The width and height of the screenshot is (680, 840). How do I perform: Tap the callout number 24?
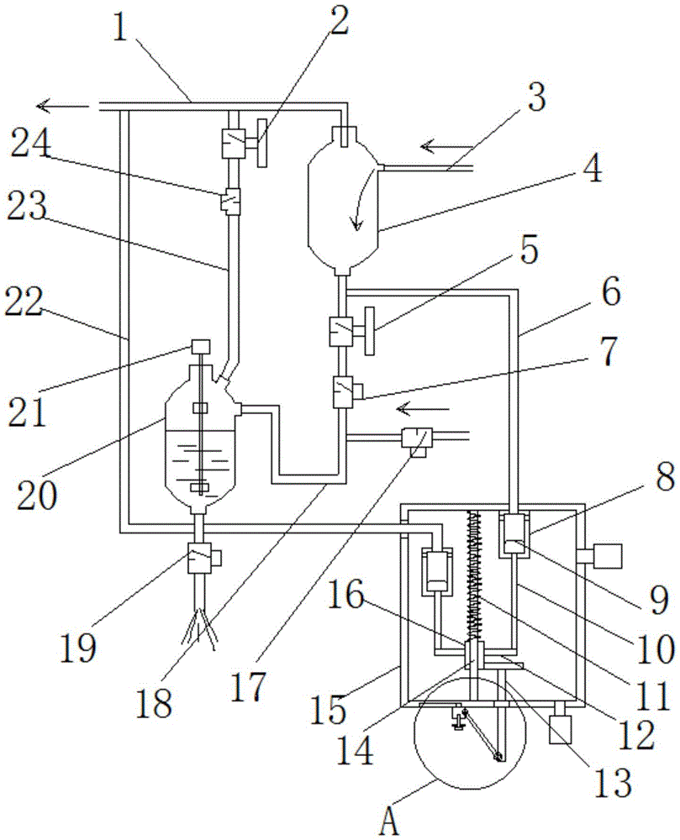click(x=31, y=143)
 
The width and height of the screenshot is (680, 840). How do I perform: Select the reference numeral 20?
click(x=36, y=496)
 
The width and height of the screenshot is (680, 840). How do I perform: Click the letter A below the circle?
click(x=389, y=822)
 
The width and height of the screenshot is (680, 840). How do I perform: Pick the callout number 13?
click(x=613, y=783)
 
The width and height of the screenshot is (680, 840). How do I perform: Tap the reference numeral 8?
click(x=665, y=477)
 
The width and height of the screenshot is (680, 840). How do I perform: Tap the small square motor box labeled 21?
click(x=200, y=347)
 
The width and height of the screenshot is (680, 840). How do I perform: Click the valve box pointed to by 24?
click(x=232, y=202)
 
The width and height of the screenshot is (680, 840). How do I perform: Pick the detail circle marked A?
click(x=470, y=732)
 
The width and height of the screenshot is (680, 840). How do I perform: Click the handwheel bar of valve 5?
click(x=369, y=330)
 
